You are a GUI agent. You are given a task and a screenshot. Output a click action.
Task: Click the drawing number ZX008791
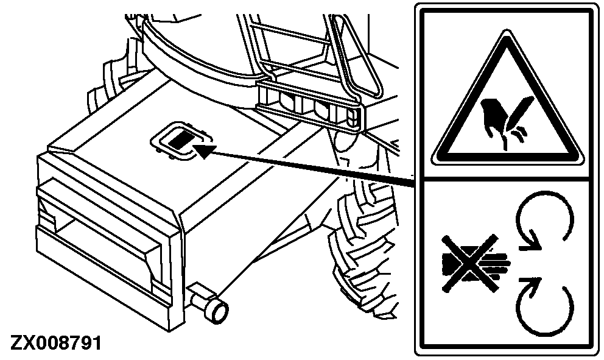56,342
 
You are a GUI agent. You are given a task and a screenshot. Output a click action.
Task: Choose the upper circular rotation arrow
544,220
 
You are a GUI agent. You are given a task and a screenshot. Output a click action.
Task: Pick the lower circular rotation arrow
544,306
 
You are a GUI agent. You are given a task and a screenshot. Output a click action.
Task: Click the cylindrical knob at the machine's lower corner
210,301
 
